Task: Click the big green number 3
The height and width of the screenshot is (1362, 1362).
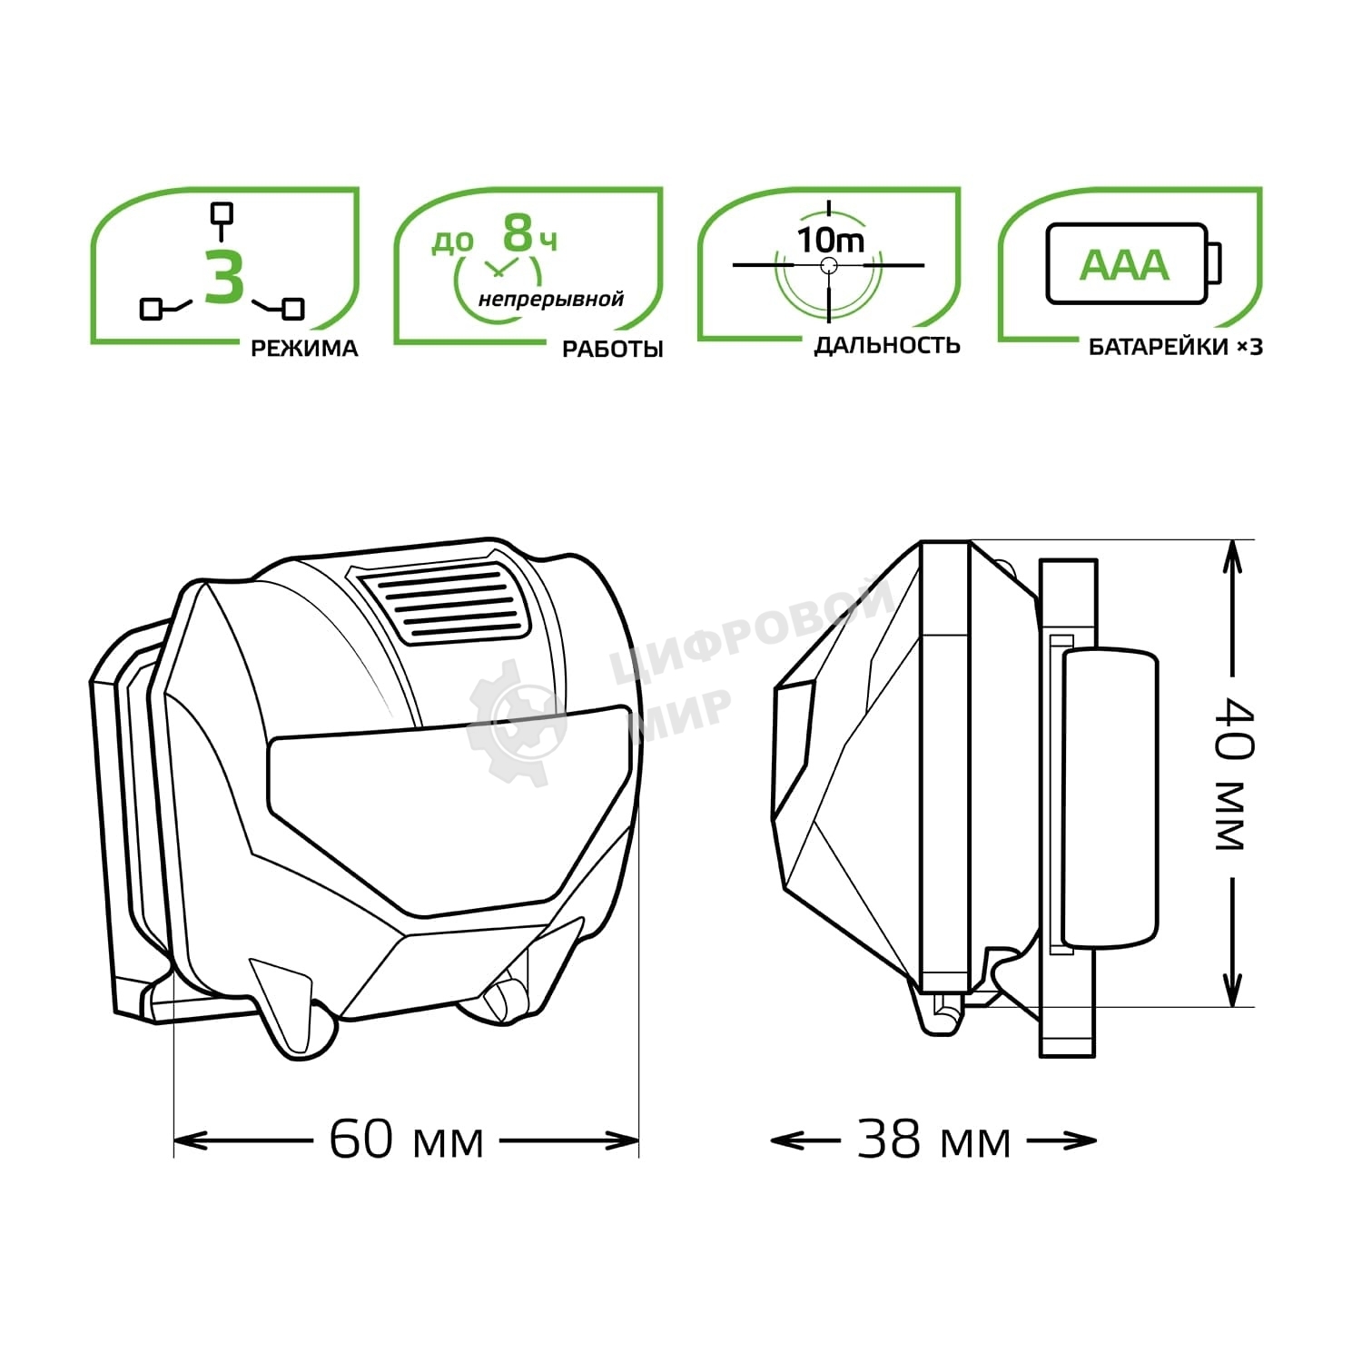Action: pyautogui.click(x=224, y=276)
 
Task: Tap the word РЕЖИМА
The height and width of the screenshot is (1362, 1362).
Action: pyautogui.click(x=304, y=348)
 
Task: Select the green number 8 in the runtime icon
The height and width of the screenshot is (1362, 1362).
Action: pyautogui.click(x=518, y=233)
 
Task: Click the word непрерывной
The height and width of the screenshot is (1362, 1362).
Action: pyautogui.click(x=551, y=299)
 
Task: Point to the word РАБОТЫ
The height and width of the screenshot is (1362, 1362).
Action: pyautogui.click(x=613, y=349)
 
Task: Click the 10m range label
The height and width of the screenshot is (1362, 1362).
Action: pyautogui.click(x=831, y=240)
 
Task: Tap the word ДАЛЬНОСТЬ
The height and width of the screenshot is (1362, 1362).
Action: pyautogui.click(x=887, y=345)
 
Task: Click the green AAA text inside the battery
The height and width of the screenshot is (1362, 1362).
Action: pyautogui.click(x=1124, y=264)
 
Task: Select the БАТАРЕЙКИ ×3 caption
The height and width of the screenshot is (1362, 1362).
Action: pyautogui.click(x=1175, y=347)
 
